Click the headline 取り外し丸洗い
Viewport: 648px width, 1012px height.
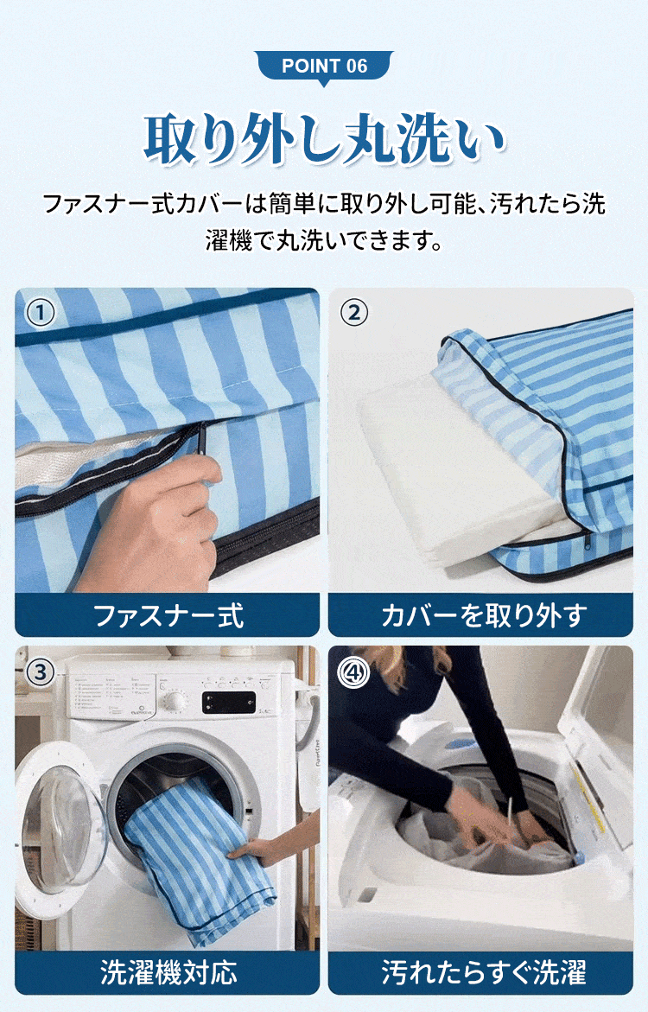point(324,139)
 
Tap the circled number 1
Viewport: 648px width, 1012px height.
point(40,312)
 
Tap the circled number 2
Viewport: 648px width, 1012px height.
point(353,312)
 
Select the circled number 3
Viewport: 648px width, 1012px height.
point(40,671)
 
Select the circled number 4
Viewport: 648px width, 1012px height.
point(353,671)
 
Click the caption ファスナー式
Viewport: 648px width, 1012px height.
point(168,615)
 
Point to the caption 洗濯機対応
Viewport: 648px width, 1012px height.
point(168,972)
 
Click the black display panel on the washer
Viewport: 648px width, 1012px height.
point(228,702)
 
